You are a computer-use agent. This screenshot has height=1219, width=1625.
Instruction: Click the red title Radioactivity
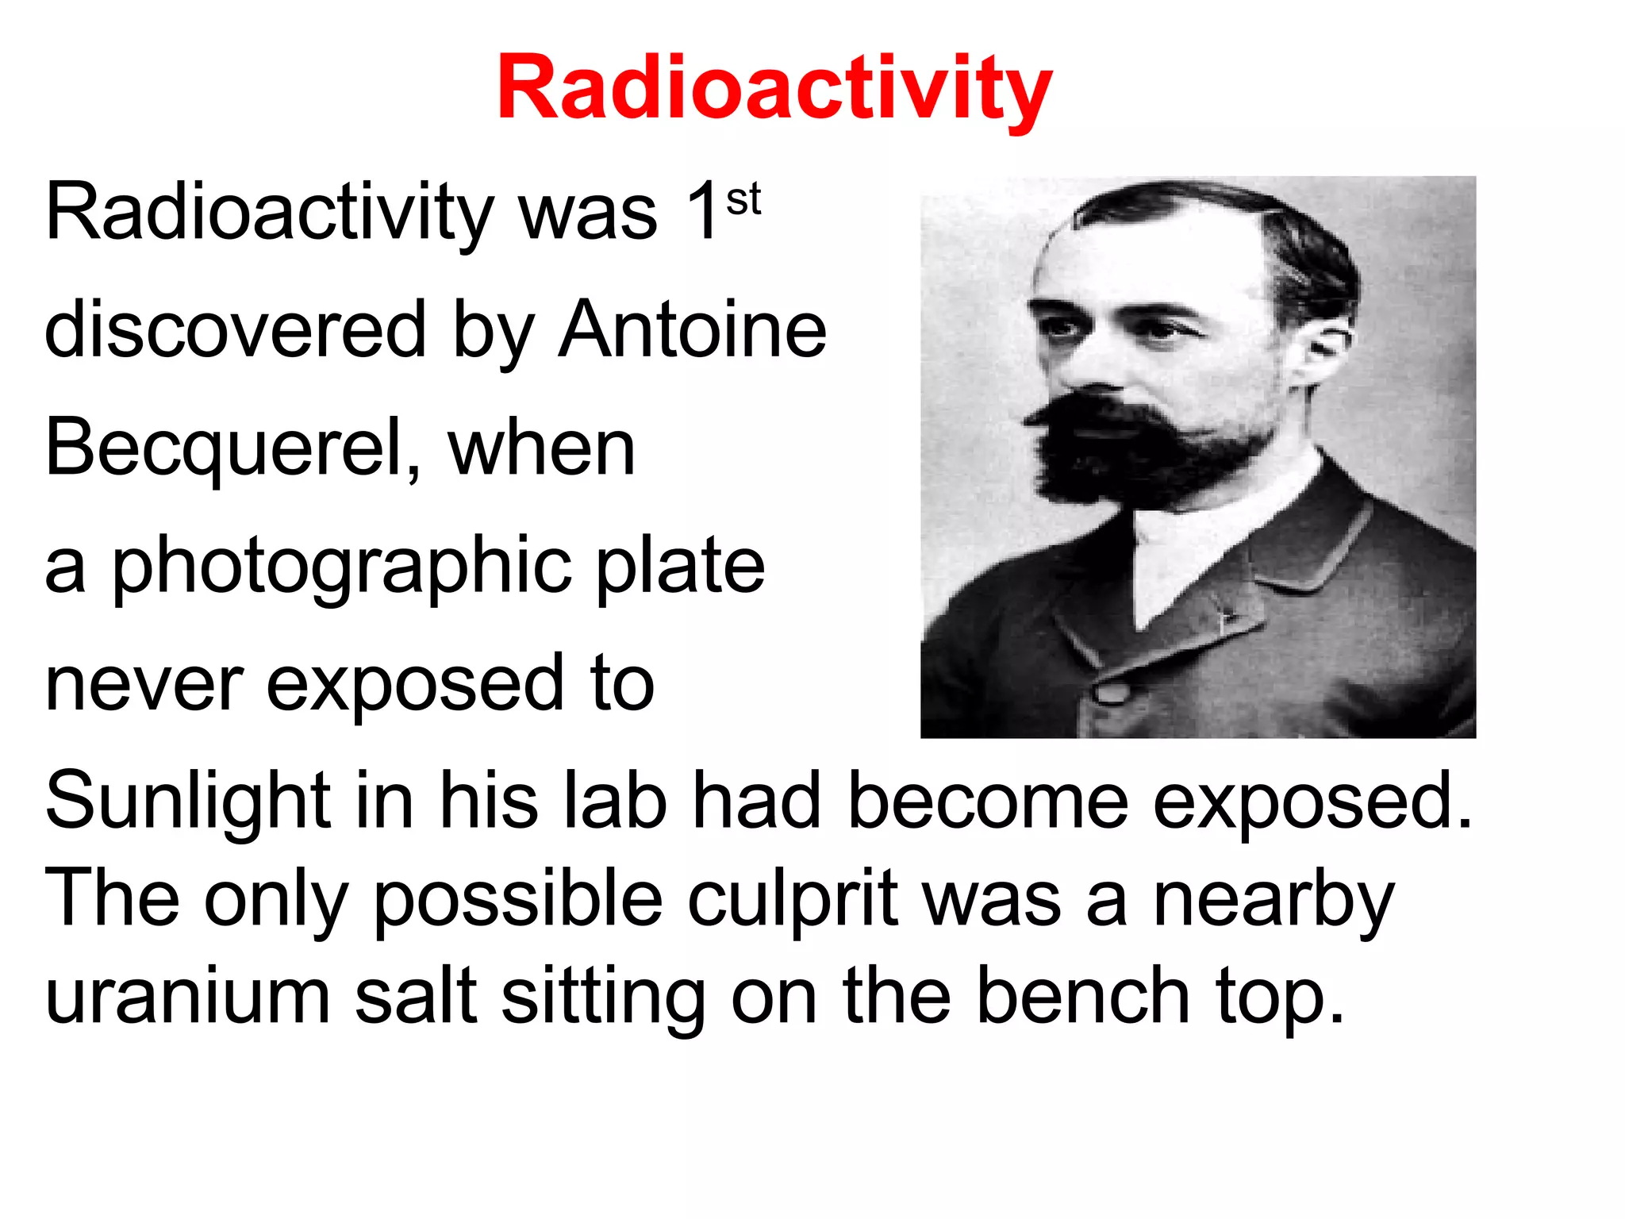coord(774,87)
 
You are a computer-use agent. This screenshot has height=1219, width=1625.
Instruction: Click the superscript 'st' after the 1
coord(743,199)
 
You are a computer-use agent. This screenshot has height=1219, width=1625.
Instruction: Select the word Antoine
coord(693,329)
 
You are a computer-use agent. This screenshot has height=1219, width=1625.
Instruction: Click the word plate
coord(680,565)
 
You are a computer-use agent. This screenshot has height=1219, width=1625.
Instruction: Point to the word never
coord(144,684)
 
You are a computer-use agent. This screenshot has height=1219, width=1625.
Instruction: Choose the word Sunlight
coord(187,802)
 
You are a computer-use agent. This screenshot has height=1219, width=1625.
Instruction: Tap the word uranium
coord(187,997)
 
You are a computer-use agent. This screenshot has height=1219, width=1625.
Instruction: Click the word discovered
coord(236,329)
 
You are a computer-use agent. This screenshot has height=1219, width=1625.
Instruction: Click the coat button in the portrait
coord(1112,691)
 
